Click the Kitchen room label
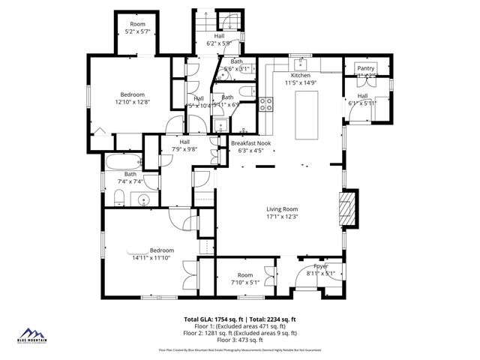coord(301,76)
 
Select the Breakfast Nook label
coord(250,142)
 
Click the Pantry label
coord(365,68)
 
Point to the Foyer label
coord(322,267)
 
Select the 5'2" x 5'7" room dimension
coord(137,31)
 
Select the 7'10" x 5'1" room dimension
coord(245,283)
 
